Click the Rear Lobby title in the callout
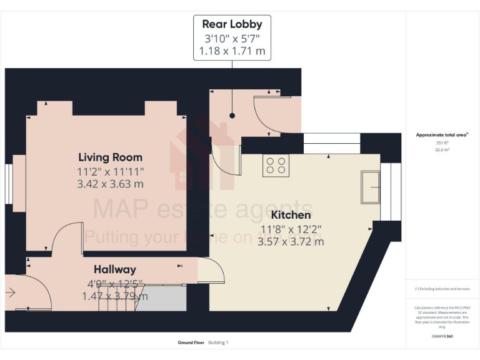click(232, 24)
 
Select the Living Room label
click(110, 157)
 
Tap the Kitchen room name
click(291, 214)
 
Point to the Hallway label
click(115, 269)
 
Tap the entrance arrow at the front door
click(11, 292)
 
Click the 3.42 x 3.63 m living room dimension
click(110, 184)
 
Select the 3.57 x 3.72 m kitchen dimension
click(291, 241)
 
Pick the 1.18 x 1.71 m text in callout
click(232, 51)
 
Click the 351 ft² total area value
click(442, 143)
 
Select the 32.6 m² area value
click(442, 150)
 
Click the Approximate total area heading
click(442, 135)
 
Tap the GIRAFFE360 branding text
click(442, 337)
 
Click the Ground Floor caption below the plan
click(191, 342)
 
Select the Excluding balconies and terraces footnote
click(442, 289)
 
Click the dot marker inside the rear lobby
click(232, 116)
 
